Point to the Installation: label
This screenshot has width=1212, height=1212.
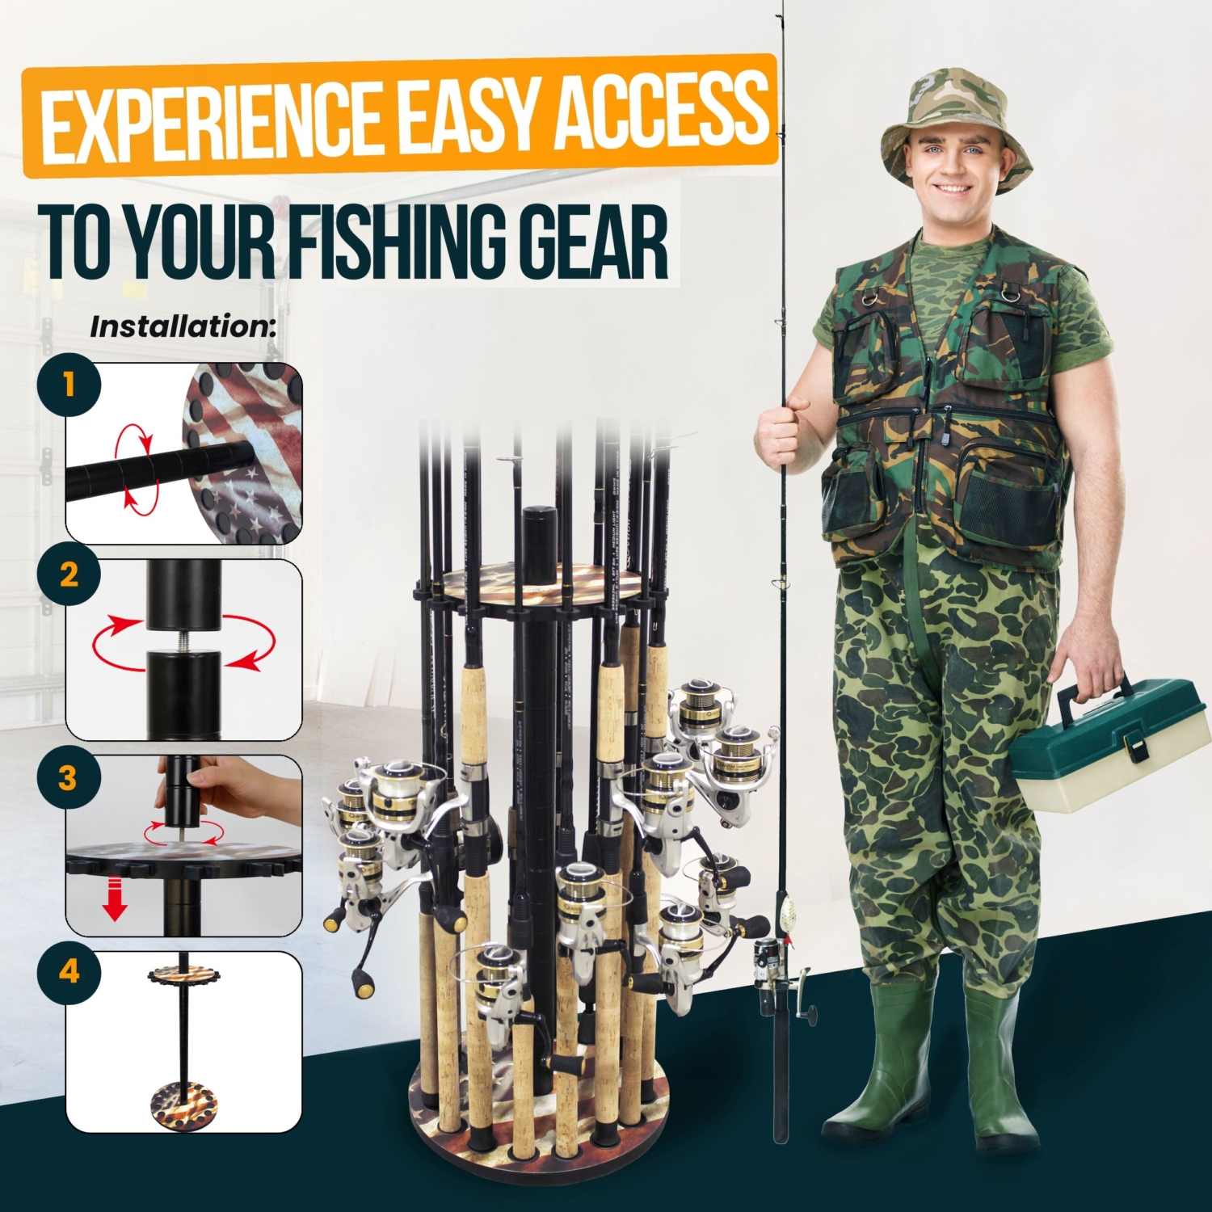click(x=183, y=327)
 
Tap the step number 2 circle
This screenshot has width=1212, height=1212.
click(x=69, y=575)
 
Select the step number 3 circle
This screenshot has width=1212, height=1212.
click(x=68, y=779)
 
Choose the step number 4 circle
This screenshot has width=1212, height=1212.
click(x=69, y=971)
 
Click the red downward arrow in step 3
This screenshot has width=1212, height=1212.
click(x=116, y=901)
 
